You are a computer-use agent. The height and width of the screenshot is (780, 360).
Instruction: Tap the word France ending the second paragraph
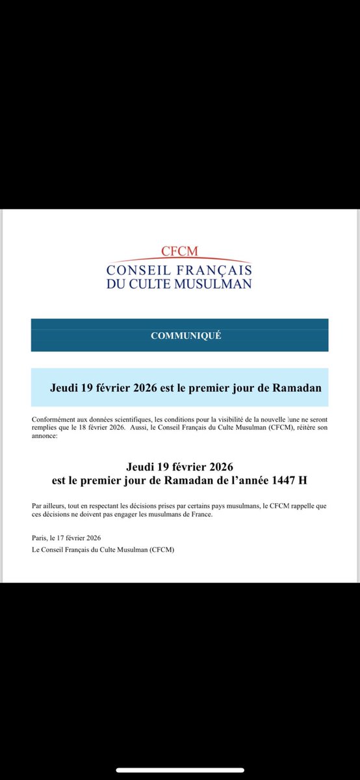(x=201, y=514)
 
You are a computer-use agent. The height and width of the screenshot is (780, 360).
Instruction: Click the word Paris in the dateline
(x=39, y=538)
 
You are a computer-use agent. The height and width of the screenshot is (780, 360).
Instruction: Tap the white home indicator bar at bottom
(x=180, y=770)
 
